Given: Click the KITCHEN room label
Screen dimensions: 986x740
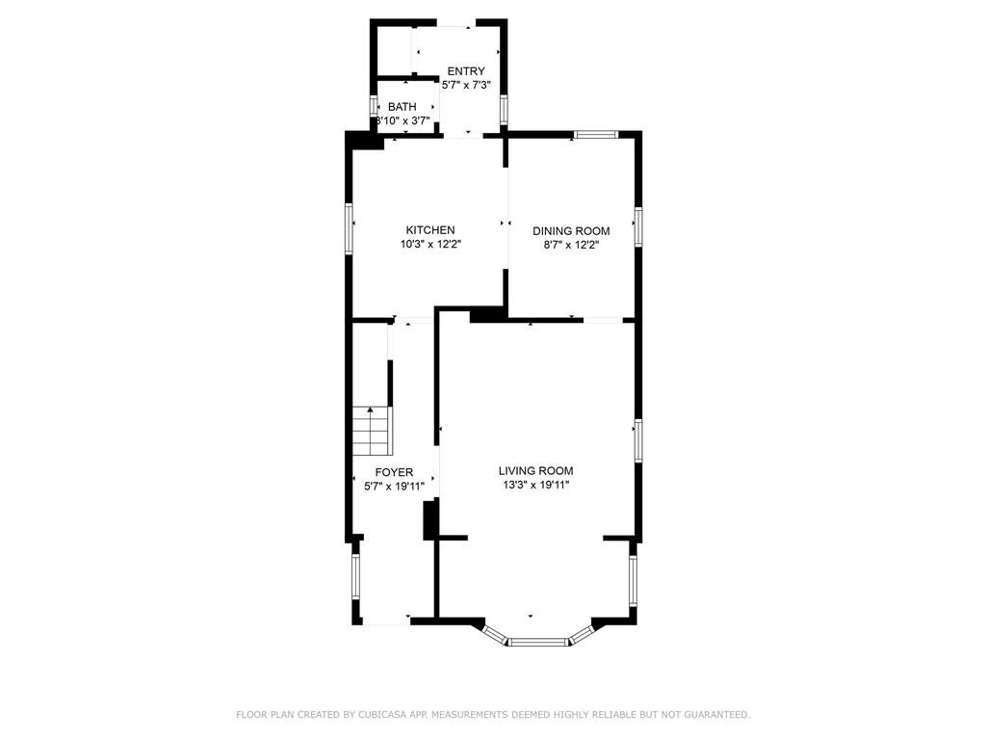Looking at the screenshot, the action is [x=430, y=230].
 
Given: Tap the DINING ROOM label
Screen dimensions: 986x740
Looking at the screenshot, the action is [x=571, y=231].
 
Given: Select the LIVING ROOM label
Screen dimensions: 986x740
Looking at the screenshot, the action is [x=535, y=470].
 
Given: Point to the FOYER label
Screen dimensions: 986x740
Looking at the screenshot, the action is [x=394, y=472].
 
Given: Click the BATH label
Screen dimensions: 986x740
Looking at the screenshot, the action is [x=402, y=107].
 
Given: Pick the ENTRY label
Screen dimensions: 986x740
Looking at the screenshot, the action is [x=466, y=71].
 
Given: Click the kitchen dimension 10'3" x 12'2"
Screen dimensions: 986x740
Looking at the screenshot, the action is [x=431, y=245].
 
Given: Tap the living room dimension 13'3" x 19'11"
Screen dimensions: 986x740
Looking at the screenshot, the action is [x=535, y=486].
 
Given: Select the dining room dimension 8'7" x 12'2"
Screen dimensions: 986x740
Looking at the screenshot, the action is [x=571, y=246].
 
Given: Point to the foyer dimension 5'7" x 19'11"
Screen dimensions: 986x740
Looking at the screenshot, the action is [x=394, y=487].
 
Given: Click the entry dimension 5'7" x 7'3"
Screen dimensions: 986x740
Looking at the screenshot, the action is [x=466, y=85].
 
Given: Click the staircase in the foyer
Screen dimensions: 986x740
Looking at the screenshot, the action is [x=373, y=431].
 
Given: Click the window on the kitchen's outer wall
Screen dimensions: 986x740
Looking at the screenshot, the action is [x=349, y=227].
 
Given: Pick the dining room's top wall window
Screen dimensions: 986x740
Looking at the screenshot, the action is [x=595, y=134].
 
